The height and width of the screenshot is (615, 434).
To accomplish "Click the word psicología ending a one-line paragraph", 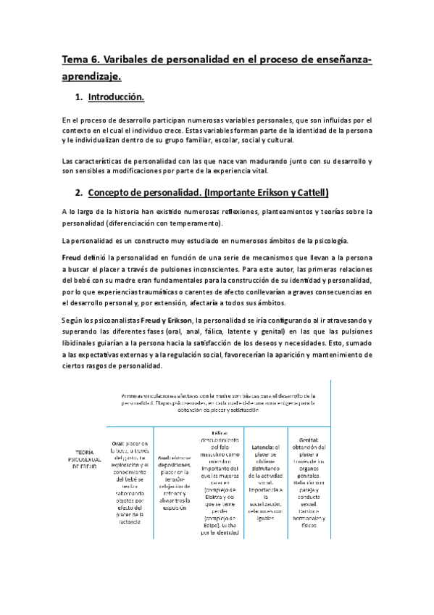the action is tap(329, 240).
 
